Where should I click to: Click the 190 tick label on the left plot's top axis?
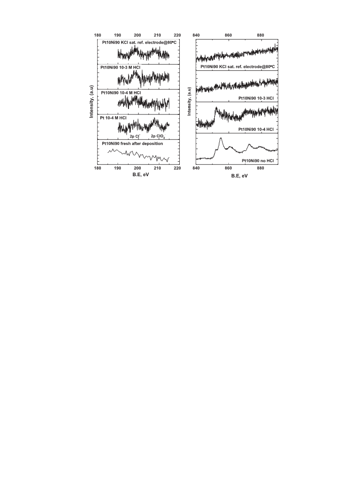pos(118,35)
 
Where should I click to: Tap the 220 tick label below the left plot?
pos(177,168)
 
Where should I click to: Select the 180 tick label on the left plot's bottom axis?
pos(97,168)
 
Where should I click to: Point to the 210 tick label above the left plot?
pos(158,35)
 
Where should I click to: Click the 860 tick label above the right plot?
pos(228,35)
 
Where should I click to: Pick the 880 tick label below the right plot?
pos(260,168)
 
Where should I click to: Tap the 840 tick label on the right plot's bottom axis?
pos(196,168)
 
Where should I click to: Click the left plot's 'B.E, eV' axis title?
pos(141,175)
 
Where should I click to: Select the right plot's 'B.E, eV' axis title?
pos(239,176)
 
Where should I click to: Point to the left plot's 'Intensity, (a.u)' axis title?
pos(91,101)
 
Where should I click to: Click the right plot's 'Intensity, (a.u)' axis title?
pos(189,101)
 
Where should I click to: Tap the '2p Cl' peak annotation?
pos(135,136)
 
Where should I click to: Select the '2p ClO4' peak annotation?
pos(158,137)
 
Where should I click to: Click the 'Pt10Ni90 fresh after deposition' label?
pos(132,143)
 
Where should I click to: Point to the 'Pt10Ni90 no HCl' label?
pos(258,160)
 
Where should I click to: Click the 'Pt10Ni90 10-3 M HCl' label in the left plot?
pos(120,67)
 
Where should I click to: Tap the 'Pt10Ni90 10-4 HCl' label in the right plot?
pos(256,129)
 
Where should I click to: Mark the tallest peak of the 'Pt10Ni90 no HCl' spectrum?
pos(221,139)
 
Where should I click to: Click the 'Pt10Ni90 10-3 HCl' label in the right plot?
pos(256,98)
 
